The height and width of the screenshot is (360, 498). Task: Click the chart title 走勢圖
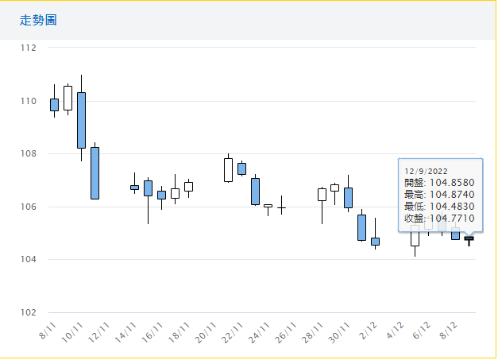click(38, 20)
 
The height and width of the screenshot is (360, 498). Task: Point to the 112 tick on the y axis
click(29, 48)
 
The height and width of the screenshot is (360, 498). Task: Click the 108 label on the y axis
click(29, 153)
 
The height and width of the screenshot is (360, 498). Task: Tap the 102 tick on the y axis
click(29, 312)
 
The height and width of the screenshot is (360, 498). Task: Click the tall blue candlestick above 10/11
click(81, 120)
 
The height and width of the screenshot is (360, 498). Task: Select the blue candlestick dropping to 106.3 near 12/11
click(95, 172)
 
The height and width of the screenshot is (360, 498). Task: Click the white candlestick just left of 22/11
click(228, 169)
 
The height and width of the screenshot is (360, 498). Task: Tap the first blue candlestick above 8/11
click(54, 104)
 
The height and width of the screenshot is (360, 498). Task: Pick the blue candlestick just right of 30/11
click(348, 198)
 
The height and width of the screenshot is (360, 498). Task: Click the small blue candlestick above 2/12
click(375, 241)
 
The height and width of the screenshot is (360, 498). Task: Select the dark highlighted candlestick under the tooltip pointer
click(469, 238)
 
